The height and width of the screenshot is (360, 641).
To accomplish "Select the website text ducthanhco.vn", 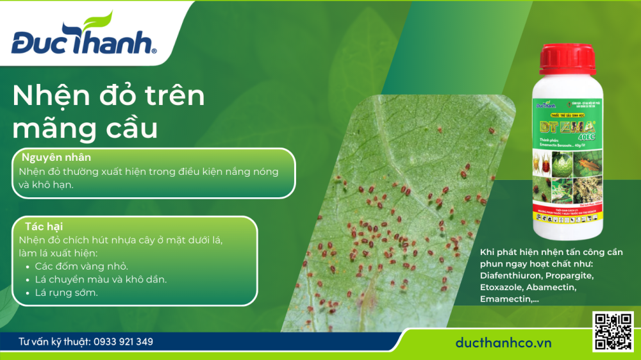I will click(503, 343).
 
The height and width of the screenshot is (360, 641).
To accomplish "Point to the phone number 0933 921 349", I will click(123, 342).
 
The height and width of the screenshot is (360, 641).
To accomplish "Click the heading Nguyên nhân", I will click(56, 158).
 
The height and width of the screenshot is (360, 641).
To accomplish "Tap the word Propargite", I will click(571, 276).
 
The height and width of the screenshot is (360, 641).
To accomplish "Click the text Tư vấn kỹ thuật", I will click(54, 342).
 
